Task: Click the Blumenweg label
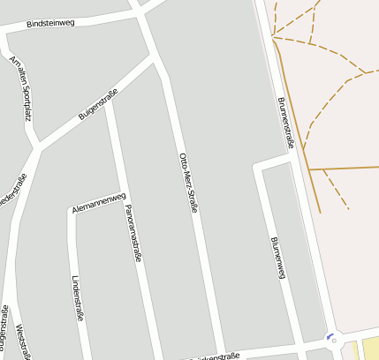(x=278, y=258)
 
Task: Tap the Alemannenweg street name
(x=99, y=202)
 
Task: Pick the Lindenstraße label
(x=77, y=299)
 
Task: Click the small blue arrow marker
(x=330, y=335)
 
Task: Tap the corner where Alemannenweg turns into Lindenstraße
(x=72, y=211)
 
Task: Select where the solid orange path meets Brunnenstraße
(x=306, y=168)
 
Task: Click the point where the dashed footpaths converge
(x=274, y=37)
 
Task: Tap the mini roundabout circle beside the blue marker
(x=334, y=341)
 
